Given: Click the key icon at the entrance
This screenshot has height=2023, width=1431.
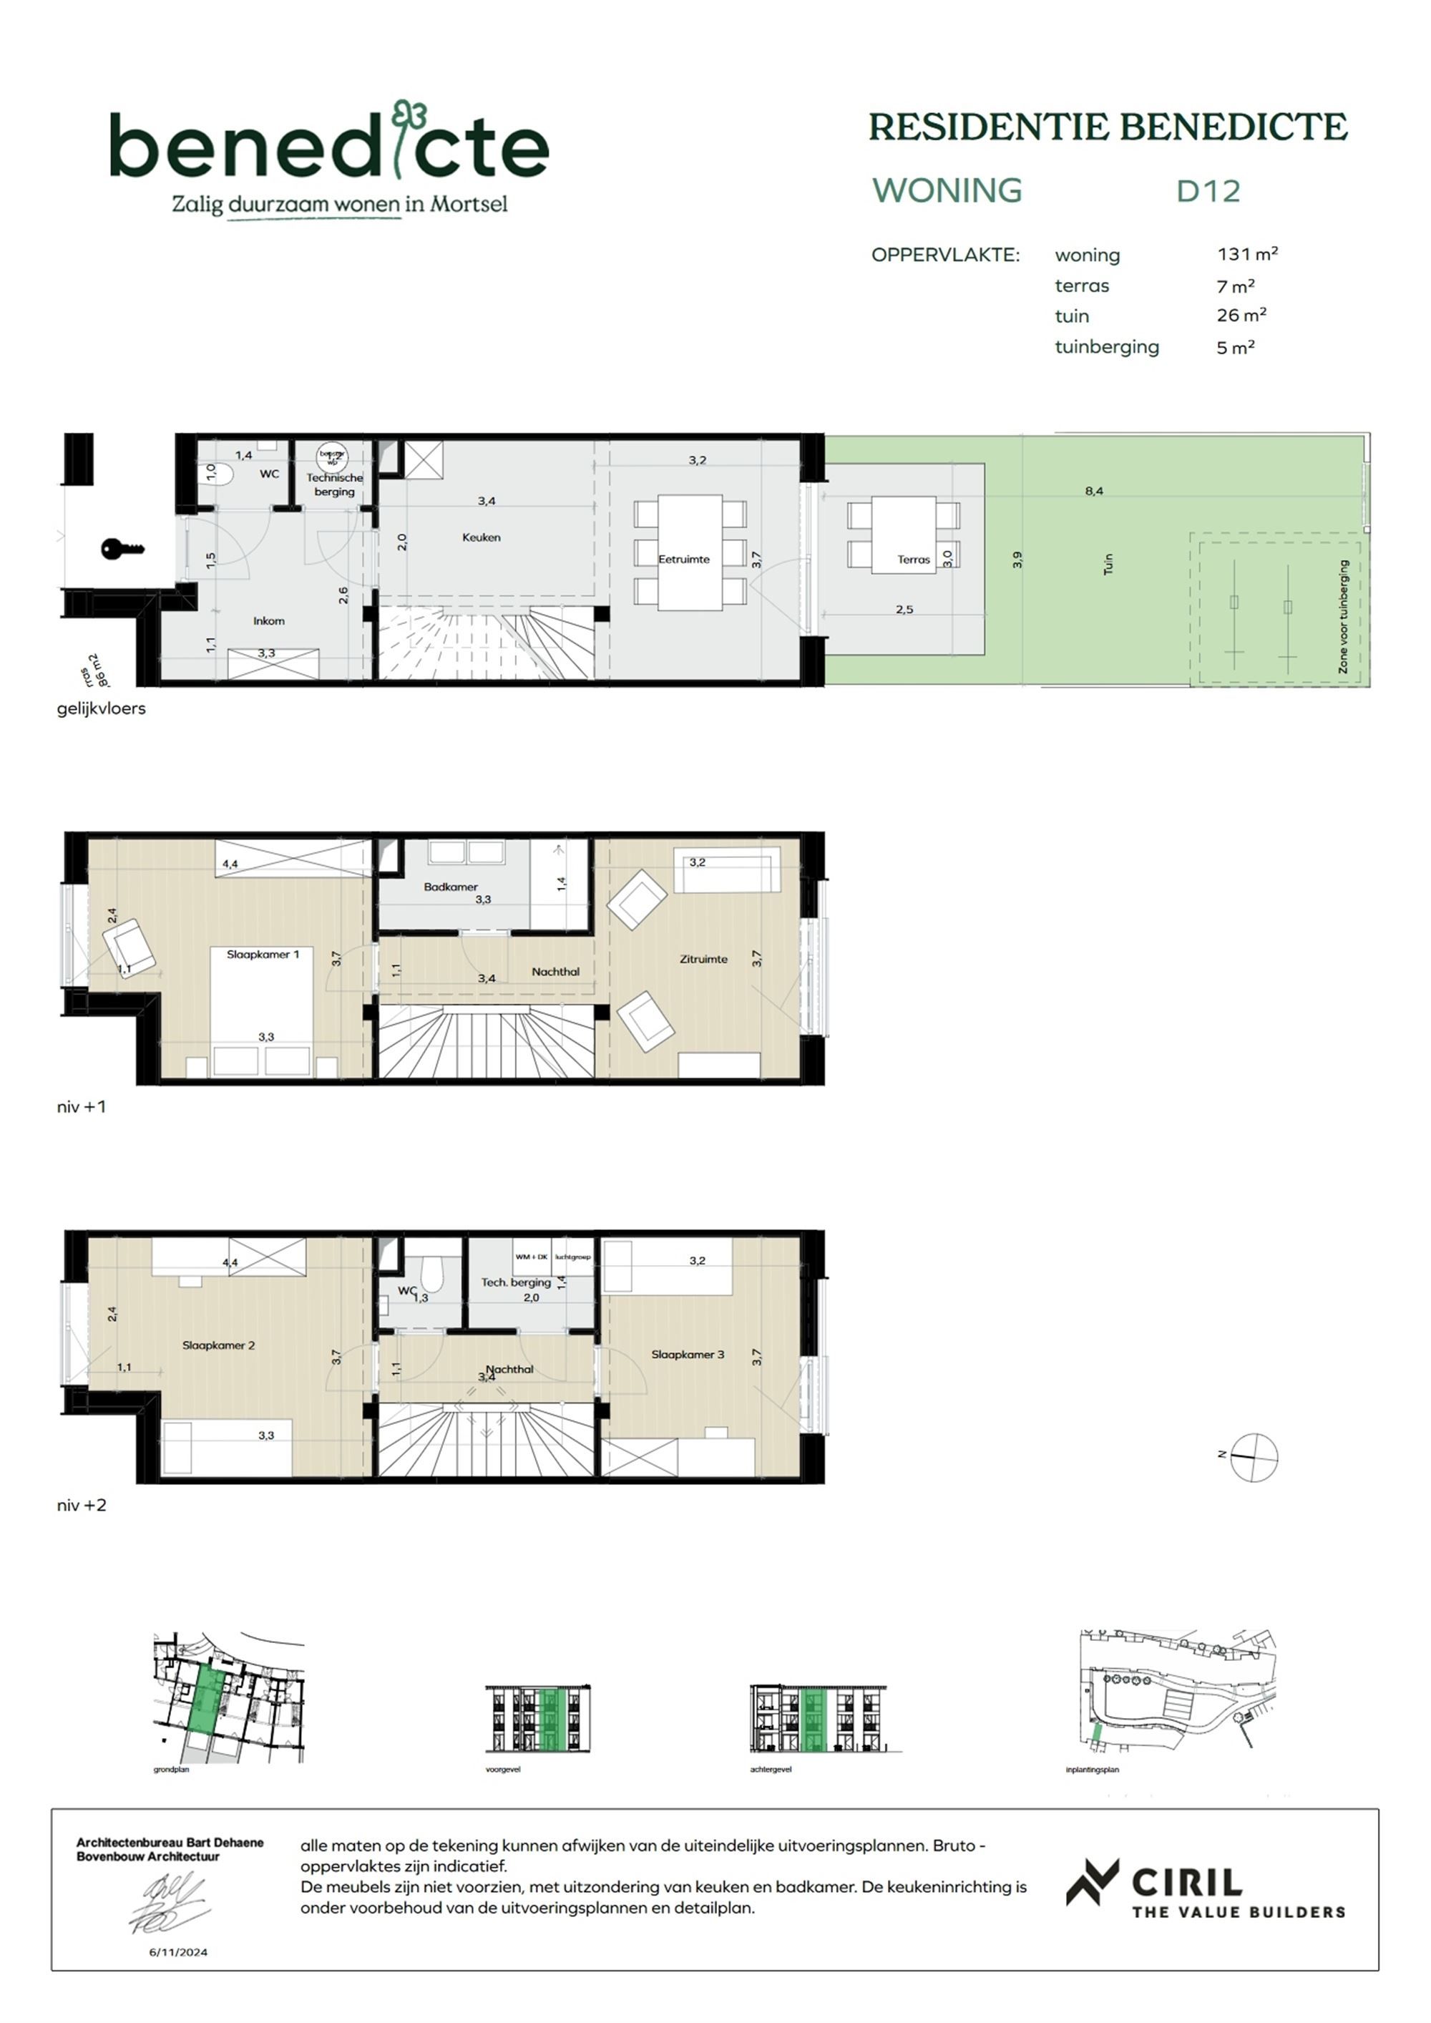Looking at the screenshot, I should point(122,549).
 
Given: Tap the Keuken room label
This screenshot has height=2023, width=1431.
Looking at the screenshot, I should point(481,537).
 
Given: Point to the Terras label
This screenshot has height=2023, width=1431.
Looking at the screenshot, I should point(914,559).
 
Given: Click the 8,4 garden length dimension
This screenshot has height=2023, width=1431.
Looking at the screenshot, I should point(1093,491).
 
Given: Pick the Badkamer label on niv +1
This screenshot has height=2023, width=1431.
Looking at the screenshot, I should point(450,887).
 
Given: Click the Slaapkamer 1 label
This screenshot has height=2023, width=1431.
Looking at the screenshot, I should point(263,954).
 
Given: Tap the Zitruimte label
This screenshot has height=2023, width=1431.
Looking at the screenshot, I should point(703,959).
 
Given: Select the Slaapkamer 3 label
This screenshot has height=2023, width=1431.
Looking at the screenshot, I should point(688,1354).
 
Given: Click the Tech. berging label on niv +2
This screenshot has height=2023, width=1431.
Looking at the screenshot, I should point(515,1282).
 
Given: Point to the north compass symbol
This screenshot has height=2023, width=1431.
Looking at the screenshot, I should point(1253,1458).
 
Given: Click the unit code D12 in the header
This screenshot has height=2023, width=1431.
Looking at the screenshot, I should point(1208,191).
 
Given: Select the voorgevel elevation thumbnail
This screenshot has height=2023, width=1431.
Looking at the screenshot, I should point(537,1718).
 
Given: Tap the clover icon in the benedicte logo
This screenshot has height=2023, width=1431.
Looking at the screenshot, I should point(410,115).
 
